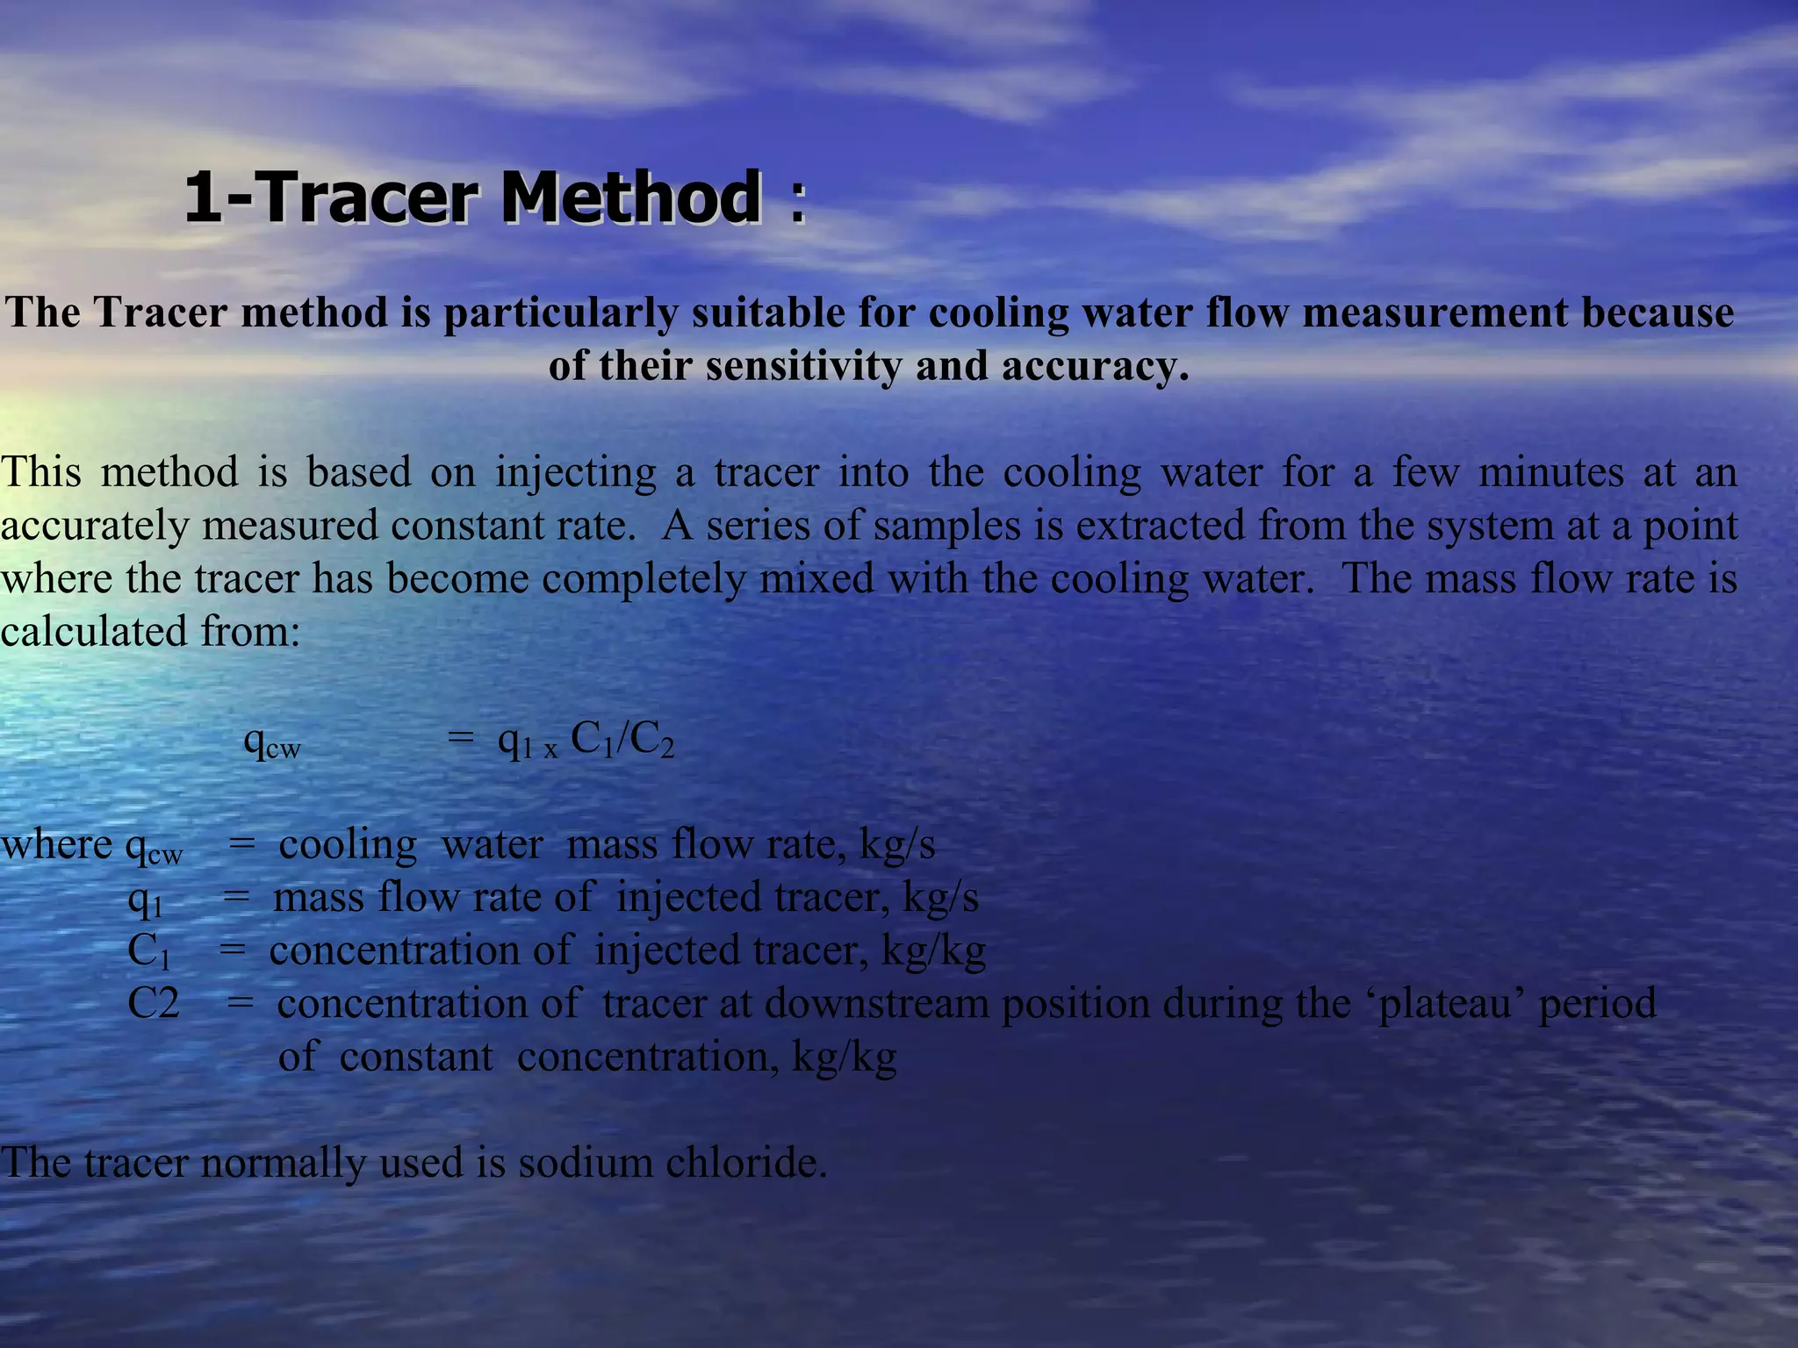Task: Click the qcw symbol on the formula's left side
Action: (x=271, y=743)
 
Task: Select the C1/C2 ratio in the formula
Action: (x=622, y=741)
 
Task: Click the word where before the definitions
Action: (x=56, y=845)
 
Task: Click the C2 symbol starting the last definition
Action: (x=153, y=1004)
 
